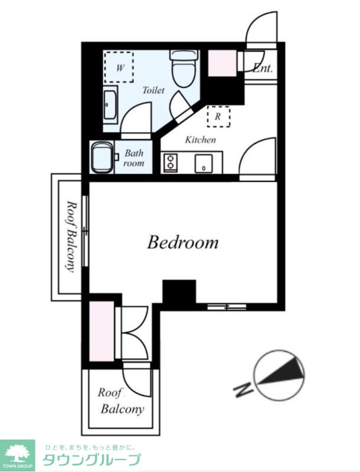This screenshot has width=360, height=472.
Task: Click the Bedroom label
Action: click(x=183, y=242)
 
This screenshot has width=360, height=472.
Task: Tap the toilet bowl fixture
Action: click(x=185, y=68)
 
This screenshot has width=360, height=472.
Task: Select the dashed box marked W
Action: click(x=119, y=67)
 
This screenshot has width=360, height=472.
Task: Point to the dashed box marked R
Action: click(x=218, y=116)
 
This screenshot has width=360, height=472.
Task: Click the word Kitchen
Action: click(x=200, y=140)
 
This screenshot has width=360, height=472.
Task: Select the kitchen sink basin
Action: click(x=204, y=163)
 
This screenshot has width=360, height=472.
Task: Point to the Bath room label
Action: click(x=134, y=158)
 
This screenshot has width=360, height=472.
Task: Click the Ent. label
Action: click(x=263, y=68)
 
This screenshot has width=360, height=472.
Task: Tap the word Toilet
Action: click(x=153, y=90)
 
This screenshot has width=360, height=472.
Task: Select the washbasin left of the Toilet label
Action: click(x=110, y=104)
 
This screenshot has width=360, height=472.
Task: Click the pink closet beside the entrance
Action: click(x=222, y=63)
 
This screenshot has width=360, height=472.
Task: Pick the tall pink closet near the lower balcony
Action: click(x=102, y=331)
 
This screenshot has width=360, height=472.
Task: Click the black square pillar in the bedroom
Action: click(x=179, y=291)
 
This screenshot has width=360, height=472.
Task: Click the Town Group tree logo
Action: click(x=18, y=455)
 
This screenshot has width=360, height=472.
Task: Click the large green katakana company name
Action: click(x=92, y=460)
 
